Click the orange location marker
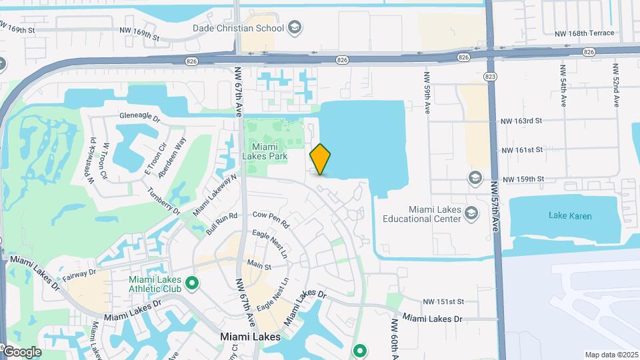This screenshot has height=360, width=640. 321,159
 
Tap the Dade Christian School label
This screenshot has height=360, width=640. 238,28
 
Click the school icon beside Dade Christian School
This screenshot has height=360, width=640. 295,28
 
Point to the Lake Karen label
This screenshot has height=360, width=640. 569,215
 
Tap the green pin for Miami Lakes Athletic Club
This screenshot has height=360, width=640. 193,284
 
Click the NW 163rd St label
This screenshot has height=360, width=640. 523,121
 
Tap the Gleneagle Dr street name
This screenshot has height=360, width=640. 140,117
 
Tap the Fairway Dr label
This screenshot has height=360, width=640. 79,272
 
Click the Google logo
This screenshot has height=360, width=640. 22,352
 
